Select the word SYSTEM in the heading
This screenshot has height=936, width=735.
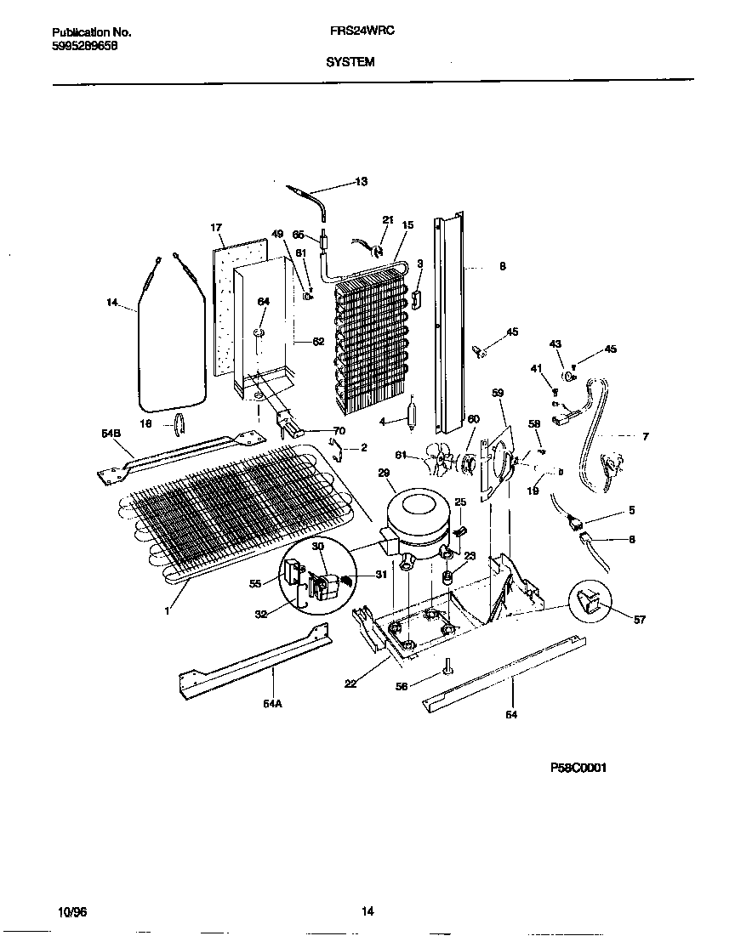pyautogui.click(x=350, y=61)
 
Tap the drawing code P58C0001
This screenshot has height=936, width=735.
pyautogui.click(x=578, y=767)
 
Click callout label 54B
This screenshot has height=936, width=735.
pyautogui.click(x=111, y=434)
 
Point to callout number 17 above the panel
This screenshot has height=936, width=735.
pyautogui.click(x=216, y=228)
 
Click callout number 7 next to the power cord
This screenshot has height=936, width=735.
pyautogui.click(x=645, y=436)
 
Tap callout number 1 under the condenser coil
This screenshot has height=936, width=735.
pyautogui.click(x=168, y=609)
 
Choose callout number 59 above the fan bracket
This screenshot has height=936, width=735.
pyautogui.click(x=499, y=393)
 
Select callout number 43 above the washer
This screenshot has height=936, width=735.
pyautogui.click(x=555, y=343)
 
